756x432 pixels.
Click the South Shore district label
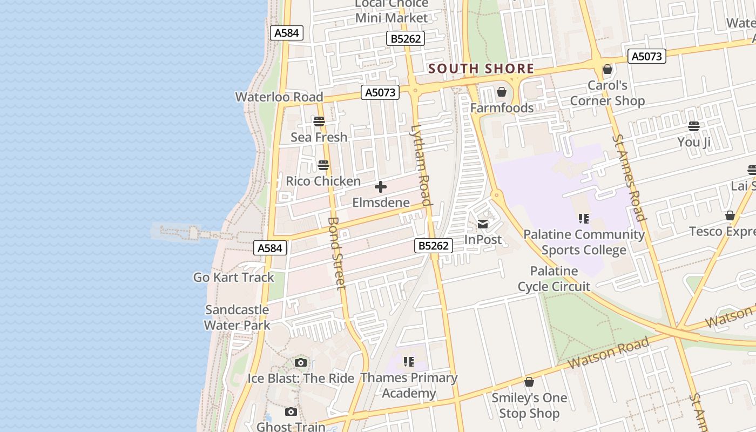click(x=481, y=69)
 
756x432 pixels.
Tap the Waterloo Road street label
click(x=279, y=97)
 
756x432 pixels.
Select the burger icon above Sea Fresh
click(x=319, y=121)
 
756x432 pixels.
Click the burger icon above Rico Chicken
click(x=323, y=165)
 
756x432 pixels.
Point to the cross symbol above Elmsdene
click(x=381, y=187)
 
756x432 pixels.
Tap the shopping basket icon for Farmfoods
click(x=502, y=92)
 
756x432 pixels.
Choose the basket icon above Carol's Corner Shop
click(x=607, y=69)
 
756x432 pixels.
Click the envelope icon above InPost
click(x=483, y=224)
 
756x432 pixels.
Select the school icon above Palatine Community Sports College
click(x=583, y=218)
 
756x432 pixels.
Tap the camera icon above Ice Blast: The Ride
click(x=301, y=362)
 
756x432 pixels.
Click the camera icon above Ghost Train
click(x=291, y=412)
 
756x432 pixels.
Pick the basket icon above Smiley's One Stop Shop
click(x=529, y=382)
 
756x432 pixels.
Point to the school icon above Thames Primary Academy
click(x=409, y=361)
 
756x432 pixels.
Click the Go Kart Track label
click(x=234, y=277)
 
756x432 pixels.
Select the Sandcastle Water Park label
click(x=237, y=318)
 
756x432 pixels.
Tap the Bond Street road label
click(x=336, y=253)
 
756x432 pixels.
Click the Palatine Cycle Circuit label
click(x=554, y=279)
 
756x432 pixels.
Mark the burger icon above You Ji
click(x=694, y=126)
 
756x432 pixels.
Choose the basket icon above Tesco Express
click(x=730, y=215)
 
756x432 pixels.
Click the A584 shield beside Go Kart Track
click(x=269, y=248)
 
